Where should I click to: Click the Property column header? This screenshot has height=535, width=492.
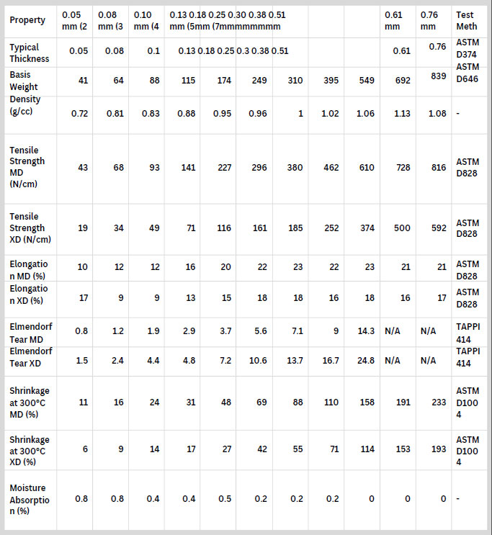point(27,19)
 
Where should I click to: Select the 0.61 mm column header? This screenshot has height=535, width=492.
point(393,19)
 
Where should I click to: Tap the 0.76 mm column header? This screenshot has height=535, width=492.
point(429,19)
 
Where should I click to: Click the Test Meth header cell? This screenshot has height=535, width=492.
point(465,19)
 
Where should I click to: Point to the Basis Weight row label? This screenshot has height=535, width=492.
point(25,80)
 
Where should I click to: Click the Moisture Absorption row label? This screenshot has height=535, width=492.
point(30,499)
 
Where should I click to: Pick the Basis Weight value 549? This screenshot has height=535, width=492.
point(367,81)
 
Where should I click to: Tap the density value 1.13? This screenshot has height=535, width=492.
point(402,113)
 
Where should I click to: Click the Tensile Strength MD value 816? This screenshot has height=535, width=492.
point(438,167)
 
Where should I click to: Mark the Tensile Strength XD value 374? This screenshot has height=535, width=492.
point(367,228)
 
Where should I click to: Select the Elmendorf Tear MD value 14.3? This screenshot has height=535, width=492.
point(366,331)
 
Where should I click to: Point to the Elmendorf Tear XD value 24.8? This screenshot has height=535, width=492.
point(366,360)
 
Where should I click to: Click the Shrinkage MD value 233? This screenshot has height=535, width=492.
point(438,403)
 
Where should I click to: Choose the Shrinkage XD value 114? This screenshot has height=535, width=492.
point(367,449)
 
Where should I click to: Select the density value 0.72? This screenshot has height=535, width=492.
point(79,113)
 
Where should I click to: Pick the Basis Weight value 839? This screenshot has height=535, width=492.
point(438,77)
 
